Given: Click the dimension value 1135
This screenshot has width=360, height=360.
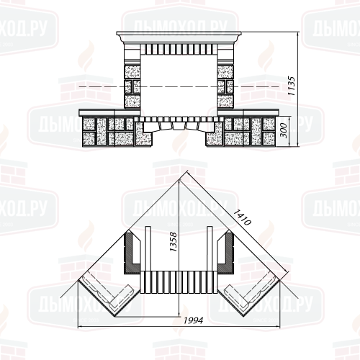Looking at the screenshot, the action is point(292,86).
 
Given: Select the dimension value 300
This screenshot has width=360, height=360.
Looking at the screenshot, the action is point(284,130).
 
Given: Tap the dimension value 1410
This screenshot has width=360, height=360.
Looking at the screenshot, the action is point(243,217).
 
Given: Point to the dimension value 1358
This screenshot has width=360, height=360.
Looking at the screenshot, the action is point(173,242).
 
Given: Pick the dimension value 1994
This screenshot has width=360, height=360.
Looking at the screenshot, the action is point(194,320).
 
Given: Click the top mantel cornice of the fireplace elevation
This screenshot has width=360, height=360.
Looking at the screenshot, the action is point(179,37).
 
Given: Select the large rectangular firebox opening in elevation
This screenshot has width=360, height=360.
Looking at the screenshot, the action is point(179,85).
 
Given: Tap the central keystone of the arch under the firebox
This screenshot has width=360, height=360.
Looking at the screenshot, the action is point(179,126).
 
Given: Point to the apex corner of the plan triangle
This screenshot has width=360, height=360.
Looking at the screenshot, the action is point(179,179).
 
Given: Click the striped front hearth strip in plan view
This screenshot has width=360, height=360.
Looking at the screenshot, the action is point(179,282).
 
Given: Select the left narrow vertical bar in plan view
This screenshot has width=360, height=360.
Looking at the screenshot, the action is point(148,248).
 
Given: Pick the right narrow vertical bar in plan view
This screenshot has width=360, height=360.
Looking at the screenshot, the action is point(210,248).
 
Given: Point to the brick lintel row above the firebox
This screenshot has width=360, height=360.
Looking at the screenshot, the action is point(179,49).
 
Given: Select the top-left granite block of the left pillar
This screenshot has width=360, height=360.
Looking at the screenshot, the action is point(132,71).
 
